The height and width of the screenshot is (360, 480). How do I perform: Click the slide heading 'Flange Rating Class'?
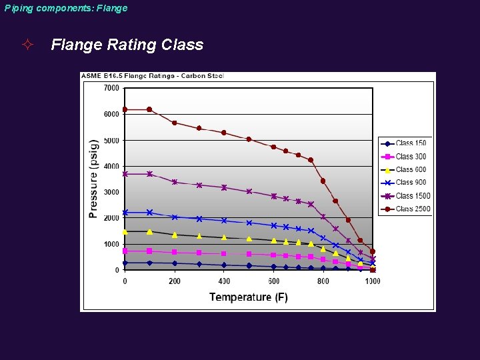click(x=127, y=45)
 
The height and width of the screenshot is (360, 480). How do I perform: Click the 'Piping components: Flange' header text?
click(x=65, y=8)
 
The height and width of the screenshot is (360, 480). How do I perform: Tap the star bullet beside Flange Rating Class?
click(x=27, y=45)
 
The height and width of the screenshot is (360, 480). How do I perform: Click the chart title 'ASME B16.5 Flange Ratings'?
click(x=153, y=76)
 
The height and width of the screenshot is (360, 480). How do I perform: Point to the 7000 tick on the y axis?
click(x=111, y=88)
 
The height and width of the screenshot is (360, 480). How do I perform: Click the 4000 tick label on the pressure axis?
click(x=111, y=166)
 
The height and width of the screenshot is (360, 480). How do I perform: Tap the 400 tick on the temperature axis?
click(x=224, y=281)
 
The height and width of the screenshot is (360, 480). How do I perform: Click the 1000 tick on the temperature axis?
click(x=372, y=281)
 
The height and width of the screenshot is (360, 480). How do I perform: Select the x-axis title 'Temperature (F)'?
click(x=248, y=297)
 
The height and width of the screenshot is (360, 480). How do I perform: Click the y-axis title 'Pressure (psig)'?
click(x=93, y=179)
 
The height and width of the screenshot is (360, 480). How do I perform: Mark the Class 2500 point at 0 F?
click(x=125, y=109)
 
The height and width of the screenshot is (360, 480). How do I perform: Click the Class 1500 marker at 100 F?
click(x=149, y=174)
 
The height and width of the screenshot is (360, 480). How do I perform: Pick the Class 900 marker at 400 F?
click(x=224, y=220)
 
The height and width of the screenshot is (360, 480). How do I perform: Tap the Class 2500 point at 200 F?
click(x=174, y=123)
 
